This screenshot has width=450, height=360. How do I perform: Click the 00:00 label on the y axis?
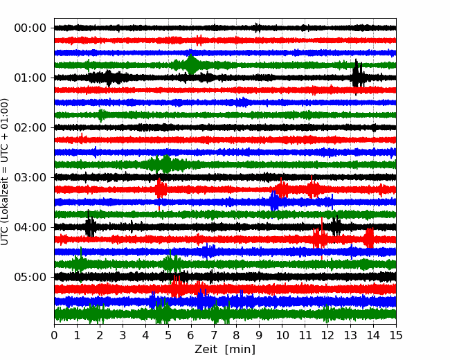[x=30, y=28]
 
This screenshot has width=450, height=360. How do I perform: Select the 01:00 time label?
[x=30, y=78]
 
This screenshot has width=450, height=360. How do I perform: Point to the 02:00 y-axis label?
[x=30, y=127]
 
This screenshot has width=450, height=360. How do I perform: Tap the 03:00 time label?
[x=30, y=177]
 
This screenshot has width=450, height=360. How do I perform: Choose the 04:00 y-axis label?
[x=30, y=227]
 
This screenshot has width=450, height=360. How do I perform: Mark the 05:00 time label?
[x=30, y=277]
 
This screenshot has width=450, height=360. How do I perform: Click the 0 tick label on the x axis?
[x=55, y=336]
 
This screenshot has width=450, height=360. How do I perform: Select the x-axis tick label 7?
[x=214, y=336]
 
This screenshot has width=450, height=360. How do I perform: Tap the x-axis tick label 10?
[x=282, y=336]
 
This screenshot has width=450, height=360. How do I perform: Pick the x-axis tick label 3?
[x=123, y=336]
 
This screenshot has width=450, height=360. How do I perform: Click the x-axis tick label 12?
[x=327, y=336]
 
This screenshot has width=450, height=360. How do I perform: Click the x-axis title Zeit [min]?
[x=225, y=350]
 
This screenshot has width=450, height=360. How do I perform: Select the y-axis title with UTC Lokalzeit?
[x=6, y=172]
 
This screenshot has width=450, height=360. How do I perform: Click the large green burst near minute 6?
[x=192, y=64]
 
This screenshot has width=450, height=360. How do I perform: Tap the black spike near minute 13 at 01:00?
[x=357, y=75]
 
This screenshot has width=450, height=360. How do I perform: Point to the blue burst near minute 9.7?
[x=275, y=201]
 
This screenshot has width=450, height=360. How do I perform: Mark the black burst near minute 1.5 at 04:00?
[x=90, y=226]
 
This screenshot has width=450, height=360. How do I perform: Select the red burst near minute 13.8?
[x=369, y=238]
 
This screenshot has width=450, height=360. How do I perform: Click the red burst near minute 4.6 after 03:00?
[x=160, y=188]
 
